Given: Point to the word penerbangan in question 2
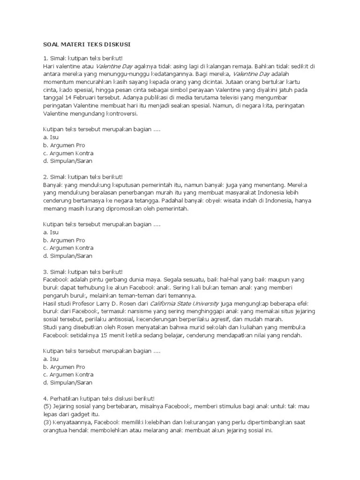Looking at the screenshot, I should click(x=134, y=193).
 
